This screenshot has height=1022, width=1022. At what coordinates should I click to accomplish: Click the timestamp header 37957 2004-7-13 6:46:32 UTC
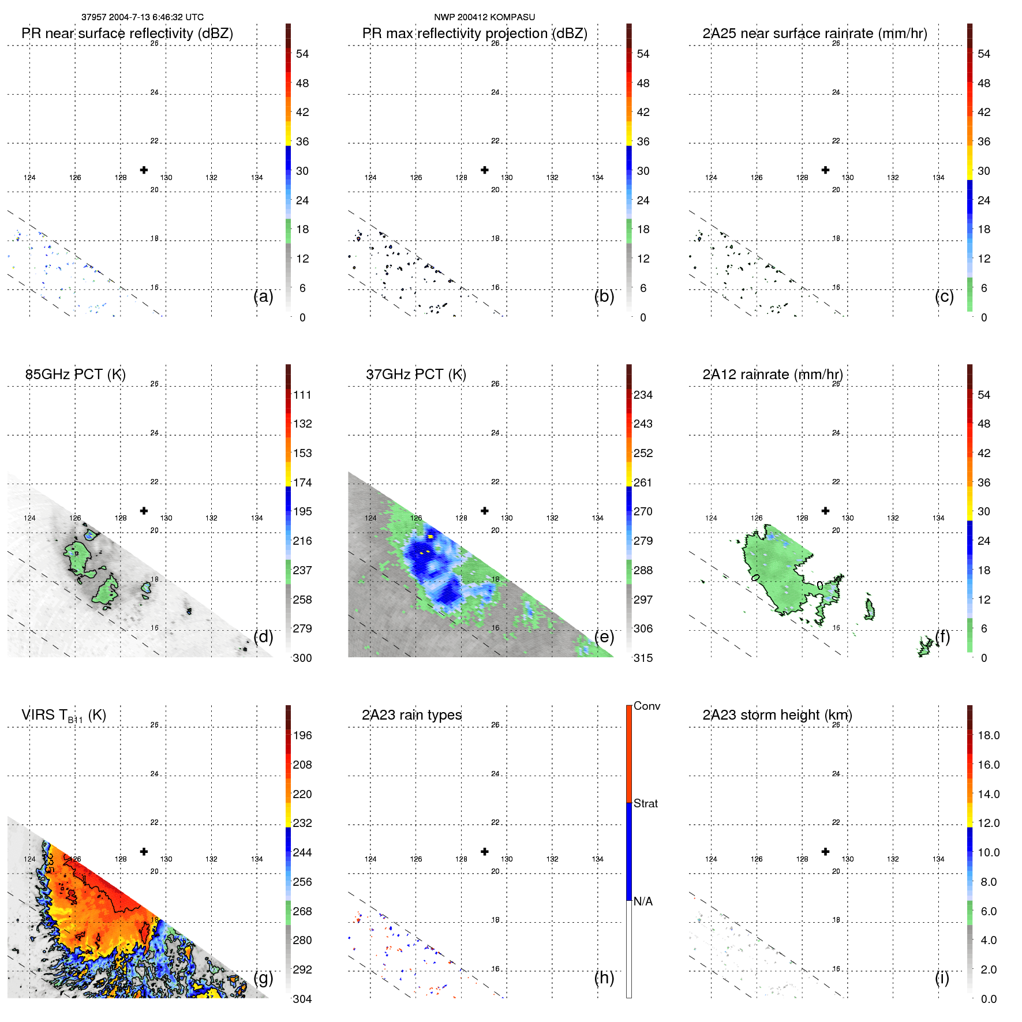coord(142,17)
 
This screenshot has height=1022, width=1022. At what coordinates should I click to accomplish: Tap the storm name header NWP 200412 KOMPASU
coord(484,17)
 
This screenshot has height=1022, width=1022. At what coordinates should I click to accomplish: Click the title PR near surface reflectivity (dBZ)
coord(127,33)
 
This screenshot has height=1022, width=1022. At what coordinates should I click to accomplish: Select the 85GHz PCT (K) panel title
coord(75,375)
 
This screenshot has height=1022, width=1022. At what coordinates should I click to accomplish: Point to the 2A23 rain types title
coord(411,715)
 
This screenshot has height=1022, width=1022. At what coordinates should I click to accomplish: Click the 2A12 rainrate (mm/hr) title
coord(772,375)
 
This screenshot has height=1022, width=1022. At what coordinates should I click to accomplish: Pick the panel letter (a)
coord(263,297)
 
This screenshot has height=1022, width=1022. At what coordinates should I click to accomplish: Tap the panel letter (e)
coord(604,637)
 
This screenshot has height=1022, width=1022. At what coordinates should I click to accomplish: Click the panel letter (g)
coord(263,978)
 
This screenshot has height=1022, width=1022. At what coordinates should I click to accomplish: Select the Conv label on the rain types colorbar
coord(646,706)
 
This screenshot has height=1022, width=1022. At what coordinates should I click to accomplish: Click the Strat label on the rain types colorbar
coord(645,803)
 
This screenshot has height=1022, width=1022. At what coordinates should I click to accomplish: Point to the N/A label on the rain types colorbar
coord(643,901)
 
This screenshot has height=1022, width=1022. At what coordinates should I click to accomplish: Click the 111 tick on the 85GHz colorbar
coord(302,395)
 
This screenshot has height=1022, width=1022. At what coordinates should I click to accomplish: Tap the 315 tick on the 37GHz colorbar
coord(643,658)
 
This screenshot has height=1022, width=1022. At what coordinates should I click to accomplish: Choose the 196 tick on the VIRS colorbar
coord(302,735)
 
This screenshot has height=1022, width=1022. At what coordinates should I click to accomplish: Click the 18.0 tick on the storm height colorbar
coord(988,735)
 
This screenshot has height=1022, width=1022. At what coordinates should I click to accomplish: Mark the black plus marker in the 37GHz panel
coord(485,511)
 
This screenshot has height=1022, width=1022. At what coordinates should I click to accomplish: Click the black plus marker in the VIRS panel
coord(144,851)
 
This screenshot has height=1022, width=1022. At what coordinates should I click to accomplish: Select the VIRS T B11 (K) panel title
coord(63,716)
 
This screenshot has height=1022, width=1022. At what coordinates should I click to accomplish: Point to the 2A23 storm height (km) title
coord(777,715)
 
